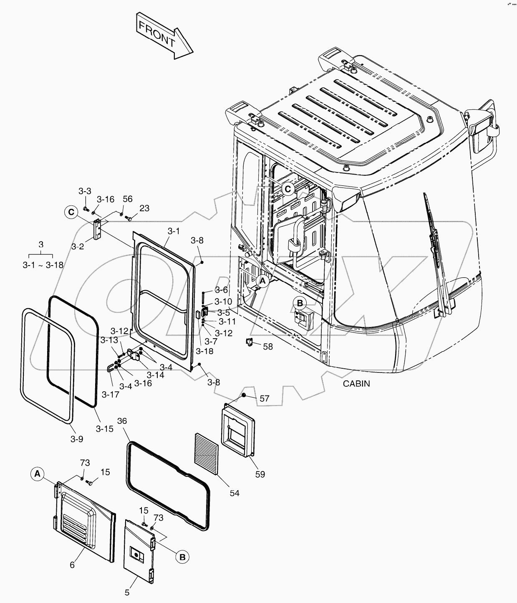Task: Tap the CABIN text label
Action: coord(356,383)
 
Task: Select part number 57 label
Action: coord(265,398)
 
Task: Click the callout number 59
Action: coord(260,474)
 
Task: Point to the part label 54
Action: coord(235,493)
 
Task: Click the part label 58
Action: coord(267,346)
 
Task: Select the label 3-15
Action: coord(104,428)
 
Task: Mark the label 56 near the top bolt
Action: coord(127,199)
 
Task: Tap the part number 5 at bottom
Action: coord(127,592)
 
